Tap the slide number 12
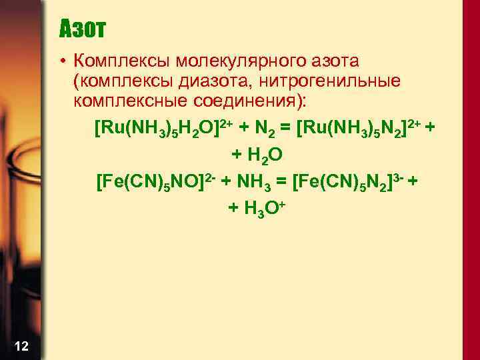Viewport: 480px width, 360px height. [21, 345]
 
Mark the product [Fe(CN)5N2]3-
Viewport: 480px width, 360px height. [351, 181]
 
